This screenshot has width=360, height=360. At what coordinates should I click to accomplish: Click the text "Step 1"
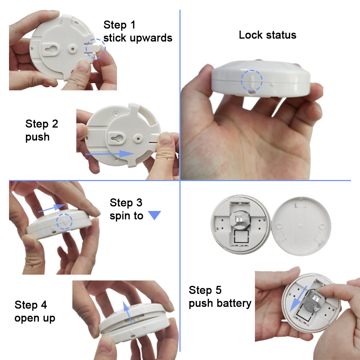pyautogui.click(x=120, y=25)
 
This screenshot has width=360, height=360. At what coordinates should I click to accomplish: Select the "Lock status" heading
pyautogui.click(x=267, y=35)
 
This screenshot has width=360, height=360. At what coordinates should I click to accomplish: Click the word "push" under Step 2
pyautogui.click(x=37, y=137)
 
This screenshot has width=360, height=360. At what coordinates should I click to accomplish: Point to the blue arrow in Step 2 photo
pyautogui.click(x=109, y=154)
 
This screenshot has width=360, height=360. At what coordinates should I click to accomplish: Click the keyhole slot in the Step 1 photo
pyautogui.click(x=52, y=49)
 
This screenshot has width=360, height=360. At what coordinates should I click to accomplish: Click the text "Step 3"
pyautogui.click(x=126, y=203)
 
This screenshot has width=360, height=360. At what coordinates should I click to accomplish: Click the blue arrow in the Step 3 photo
pyautogui.click(x=52, y=208)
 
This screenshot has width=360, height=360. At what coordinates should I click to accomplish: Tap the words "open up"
pyautogui.click(x=35, y=318)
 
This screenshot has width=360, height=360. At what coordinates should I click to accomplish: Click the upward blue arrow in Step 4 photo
pyautogui.click(x=127, y=312)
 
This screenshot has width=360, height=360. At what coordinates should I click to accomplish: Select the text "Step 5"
pyautogui.click(x=205, y=290)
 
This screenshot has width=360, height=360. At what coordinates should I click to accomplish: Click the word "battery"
pyautogui.click(x=234, y=303)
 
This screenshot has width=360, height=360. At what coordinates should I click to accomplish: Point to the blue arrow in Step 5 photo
pyautogui.click(x=298, y=299)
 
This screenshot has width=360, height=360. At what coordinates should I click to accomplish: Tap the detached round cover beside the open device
pyautogui.click(x=301, y=226)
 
